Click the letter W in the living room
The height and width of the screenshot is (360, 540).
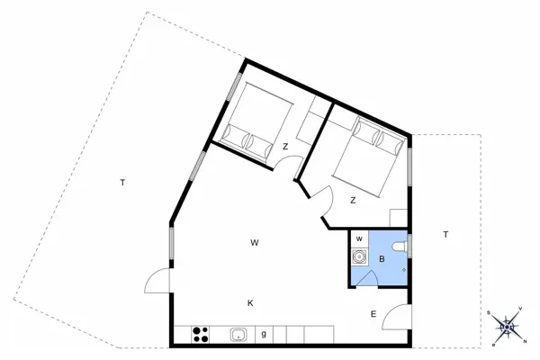pyautogui.click(x=255, y=243)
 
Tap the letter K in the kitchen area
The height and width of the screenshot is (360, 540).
pyautogui.click(x=250, y=303)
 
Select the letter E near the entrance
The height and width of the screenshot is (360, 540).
pyautogui.click(x=373, y=314)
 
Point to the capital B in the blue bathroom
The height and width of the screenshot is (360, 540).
pyautogui.click(x=382, y=259)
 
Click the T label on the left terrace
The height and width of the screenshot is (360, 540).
pyautogui.click(x=122, y=183)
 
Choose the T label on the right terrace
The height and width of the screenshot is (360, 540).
pyautogui.click(x=445, y=235)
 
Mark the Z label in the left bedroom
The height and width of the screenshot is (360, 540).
pyautogui.click(x=284, y=147)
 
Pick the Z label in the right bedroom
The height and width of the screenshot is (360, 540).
pyautogui.click(x=354, y=200)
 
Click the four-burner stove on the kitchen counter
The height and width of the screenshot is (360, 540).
pyautogui.click(x=201, y=335)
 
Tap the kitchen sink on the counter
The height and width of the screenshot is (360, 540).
pyautogui.click(x=239, y=335)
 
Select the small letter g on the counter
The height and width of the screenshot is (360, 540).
pyautogui.click(x=264, y=335)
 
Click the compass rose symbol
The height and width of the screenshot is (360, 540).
pyautogui.click(x=506, y=326)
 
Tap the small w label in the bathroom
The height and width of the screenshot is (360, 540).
pyautogui.click(x=359, y=238)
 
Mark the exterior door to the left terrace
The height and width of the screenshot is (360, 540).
pyautogui.click(x=157, y=281)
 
